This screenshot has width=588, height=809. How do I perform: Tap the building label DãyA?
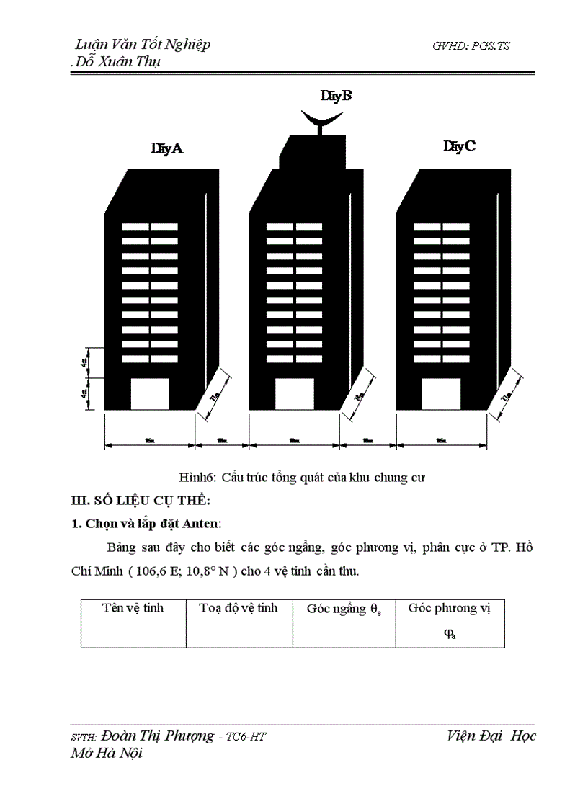[x=166, y=149]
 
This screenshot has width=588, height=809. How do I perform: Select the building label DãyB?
[x=336, y=95]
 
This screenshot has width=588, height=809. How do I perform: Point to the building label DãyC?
[x=459, y=147]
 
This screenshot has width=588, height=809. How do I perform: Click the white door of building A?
[x=149, y=393]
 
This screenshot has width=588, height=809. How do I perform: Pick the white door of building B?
[x=295, y=393]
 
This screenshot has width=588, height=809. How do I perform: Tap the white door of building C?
[x=441, y=393]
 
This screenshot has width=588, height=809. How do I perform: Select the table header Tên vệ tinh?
[x=133, y=608]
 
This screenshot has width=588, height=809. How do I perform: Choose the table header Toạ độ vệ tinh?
[x=239, y=608]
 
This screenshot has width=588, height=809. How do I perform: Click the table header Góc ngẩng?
[x=344, y=609]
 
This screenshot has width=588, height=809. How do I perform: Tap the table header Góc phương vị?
[x=449, y=608]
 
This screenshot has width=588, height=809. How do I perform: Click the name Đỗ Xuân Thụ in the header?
[x=119, y=61]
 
